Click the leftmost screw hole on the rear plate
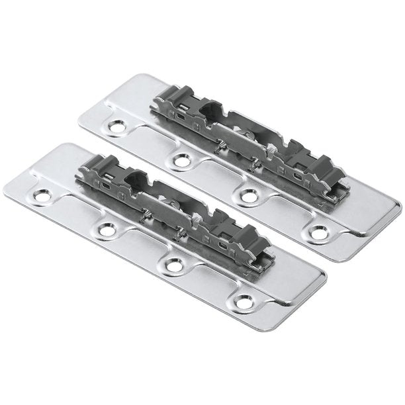click(119, 124)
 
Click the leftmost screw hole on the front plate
click(43, 195)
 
